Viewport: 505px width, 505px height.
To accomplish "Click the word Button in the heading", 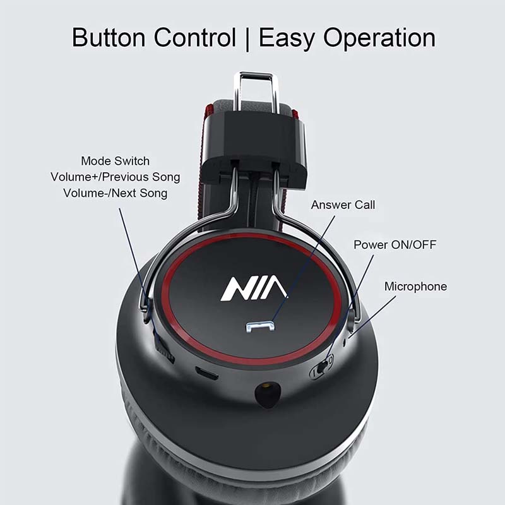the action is click(109, 37).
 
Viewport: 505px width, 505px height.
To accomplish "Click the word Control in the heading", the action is click(195, 37).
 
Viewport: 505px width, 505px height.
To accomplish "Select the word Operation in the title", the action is click(379, 39).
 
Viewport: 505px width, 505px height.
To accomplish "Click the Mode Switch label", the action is click(116, 161).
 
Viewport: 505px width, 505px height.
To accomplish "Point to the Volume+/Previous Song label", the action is click(116, 177).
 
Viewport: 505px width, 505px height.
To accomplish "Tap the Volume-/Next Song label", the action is click(116, 193).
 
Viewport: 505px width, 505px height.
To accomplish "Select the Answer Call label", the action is click(343, 205).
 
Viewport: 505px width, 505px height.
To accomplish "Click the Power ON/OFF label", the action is click(395, 244).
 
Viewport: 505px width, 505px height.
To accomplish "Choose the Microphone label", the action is click(416, 287).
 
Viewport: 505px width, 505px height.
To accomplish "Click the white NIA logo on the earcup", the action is click(254, 288).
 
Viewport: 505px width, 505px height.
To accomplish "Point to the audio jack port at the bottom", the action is click(268, 393).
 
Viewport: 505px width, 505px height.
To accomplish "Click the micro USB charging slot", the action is click(207, 374).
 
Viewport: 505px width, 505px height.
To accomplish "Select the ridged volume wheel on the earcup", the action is click(163, 346).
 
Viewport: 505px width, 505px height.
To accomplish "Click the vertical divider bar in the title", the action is click(247, 39).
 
